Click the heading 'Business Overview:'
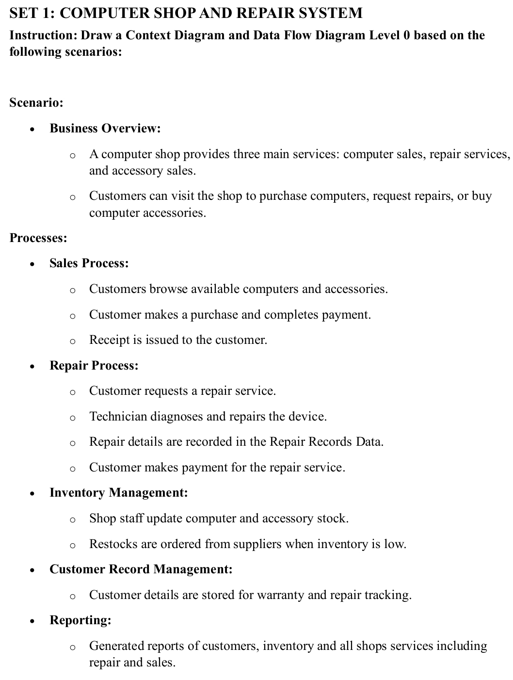pyautogui.click(x=105, y=129)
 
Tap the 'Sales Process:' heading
pyautogui.click(x=89, y=263)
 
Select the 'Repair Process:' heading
pyautogui.click(x=94, y=366)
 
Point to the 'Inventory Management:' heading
pyautogui.click(x=119, y=493)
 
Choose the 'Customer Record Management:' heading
pyautogui.click(x=141, y=569)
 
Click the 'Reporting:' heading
pyautogui.click(x=80, y=620)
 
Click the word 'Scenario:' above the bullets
pyautogui.click(x=36, y=103)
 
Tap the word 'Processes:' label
pyautogui.click(x=38, y=238)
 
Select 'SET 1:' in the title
pyautogui.click(x=32, y=13)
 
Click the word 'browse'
pyautogui.click(x=168, y=289)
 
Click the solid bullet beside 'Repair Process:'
pyautogui.click(x=32, y=367)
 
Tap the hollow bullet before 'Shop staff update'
pyautogui.click(x=72, y=520)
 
